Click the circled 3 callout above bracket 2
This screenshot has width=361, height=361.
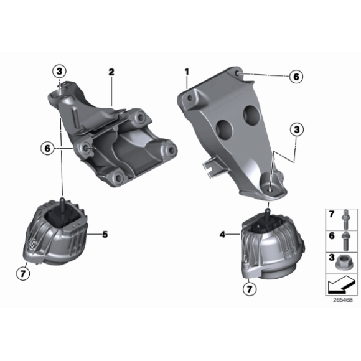59,71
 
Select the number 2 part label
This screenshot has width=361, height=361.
111,72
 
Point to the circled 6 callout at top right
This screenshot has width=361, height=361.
295,76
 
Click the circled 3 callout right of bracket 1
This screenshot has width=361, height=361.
296,129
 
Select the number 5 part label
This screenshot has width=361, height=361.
105,234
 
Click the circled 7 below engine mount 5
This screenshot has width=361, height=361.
23,272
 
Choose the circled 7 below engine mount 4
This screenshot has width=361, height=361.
249,289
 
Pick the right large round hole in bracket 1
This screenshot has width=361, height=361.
253,115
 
